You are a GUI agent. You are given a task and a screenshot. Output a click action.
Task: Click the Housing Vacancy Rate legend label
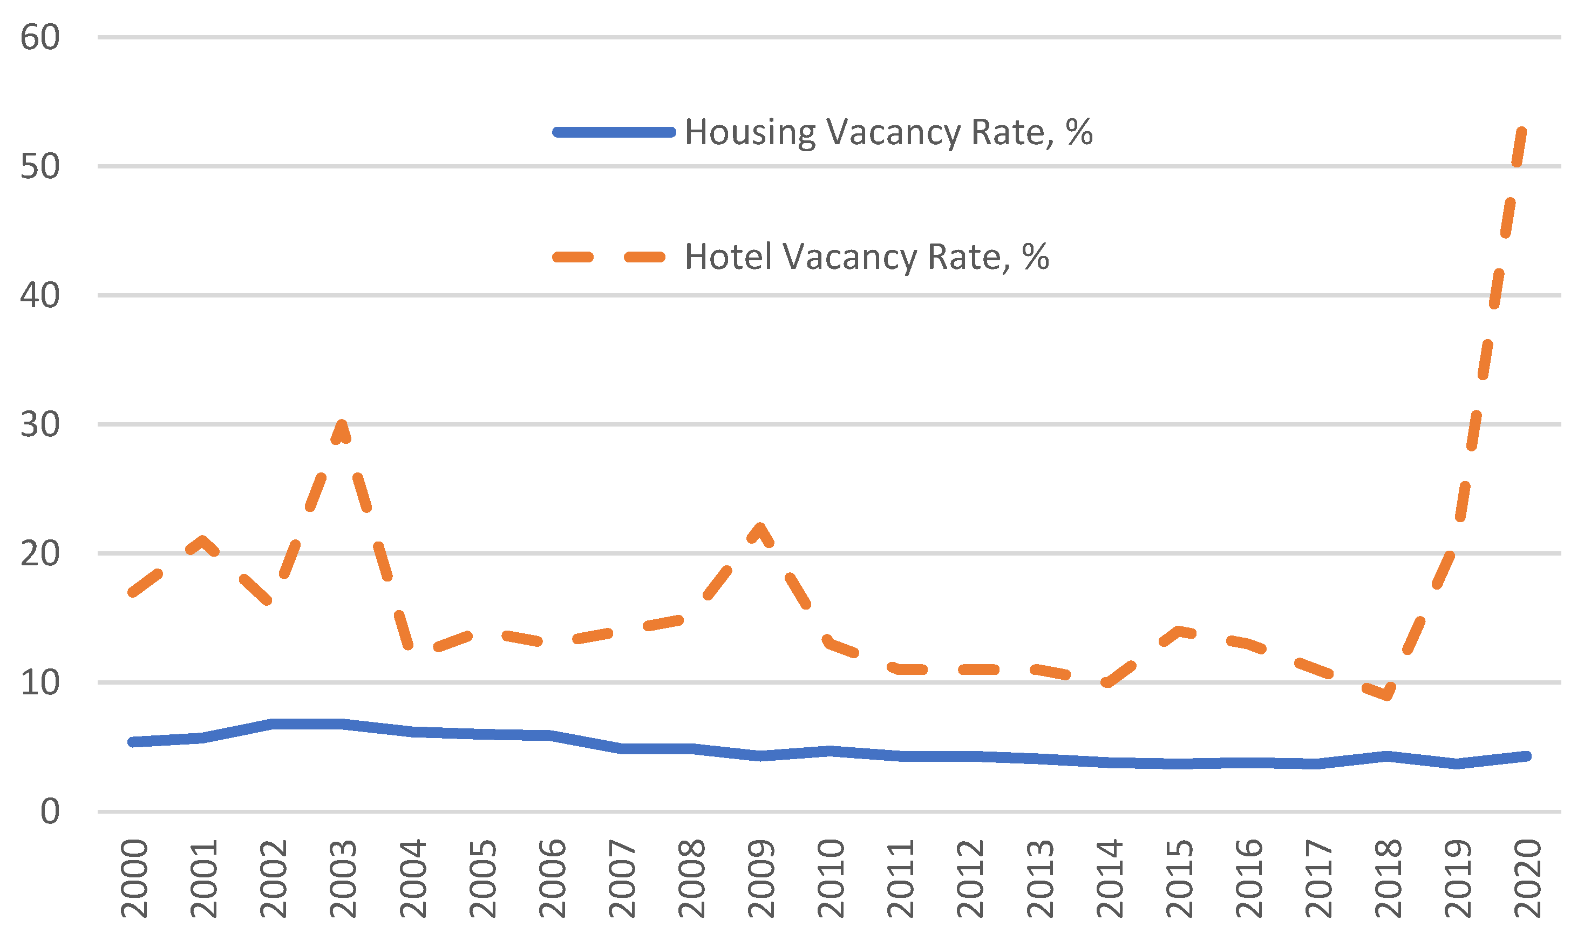(888, 132)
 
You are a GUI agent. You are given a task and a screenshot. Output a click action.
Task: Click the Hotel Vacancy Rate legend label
(867, 257)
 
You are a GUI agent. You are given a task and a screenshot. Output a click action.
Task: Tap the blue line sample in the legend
(614, 132)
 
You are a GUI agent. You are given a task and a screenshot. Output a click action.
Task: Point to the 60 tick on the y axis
(40, 37)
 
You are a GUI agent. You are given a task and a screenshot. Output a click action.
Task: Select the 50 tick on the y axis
(40, 167)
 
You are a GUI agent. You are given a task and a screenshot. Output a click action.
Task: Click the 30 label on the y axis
(40, 424)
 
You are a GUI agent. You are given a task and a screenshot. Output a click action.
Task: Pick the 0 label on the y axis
(50, 812)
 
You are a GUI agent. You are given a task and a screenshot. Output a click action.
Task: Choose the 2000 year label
(134, 879)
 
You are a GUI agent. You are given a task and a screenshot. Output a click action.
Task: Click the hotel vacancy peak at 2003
(342, 425)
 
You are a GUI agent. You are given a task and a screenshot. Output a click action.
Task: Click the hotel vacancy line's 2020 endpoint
(1521, 131)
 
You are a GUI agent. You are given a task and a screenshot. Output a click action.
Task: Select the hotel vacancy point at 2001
(202, 541)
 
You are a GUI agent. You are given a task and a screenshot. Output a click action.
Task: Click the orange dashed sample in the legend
(609, 257)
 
